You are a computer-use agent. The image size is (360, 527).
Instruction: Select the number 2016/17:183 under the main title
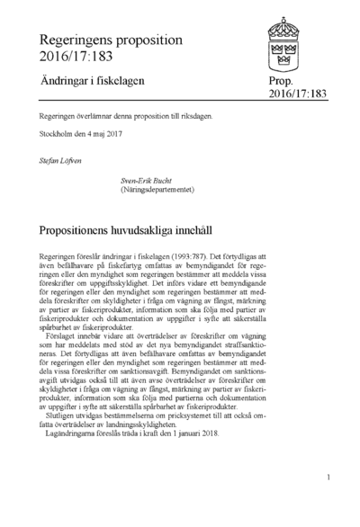pyautogui.click(x=75, y=58)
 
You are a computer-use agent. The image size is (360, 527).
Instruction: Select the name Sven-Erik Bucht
pyautogui.click(x=149, y=181)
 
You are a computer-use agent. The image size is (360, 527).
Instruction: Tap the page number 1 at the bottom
pyautogui.click(x=331, y=477)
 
